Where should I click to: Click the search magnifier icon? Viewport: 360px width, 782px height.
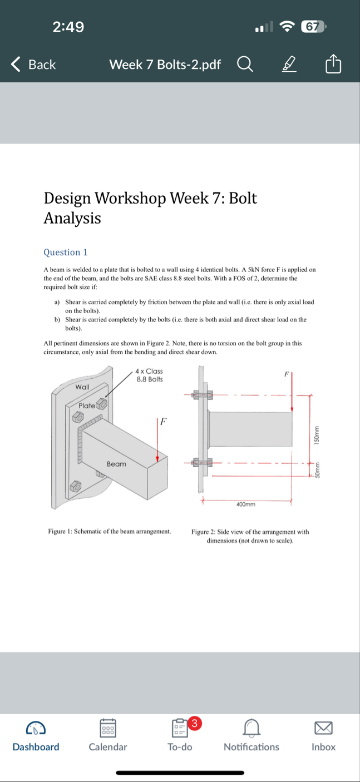tap(245, 65)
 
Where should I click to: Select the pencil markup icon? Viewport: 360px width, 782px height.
tap(288, 65)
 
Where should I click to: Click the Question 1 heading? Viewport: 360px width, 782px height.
tap(66, 252)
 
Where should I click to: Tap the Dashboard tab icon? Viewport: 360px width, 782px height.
tap(36, 727)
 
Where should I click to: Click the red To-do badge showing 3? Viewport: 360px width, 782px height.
tap(194, 724)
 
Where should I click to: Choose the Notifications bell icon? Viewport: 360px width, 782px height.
tap(251, 727)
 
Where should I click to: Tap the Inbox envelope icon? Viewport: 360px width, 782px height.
tap(323, 727)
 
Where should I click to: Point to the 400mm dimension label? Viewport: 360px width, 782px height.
tap(246, 504)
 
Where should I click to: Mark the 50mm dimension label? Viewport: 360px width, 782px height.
tap(317, 471)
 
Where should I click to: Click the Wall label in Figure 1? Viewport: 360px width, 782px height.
tap(82, 386)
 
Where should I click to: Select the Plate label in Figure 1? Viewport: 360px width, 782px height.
tap(87, 405)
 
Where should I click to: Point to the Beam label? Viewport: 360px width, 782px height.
tap(116, 464)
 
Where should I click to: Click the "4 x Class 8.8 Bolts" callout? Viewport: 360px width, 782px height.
tap(150, 375)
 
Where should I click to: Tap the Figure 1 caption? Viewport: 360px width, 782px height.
tap(109, 532)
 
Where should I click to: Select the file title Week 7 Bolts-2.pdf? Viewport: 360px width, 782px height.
tap(165, 65)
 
